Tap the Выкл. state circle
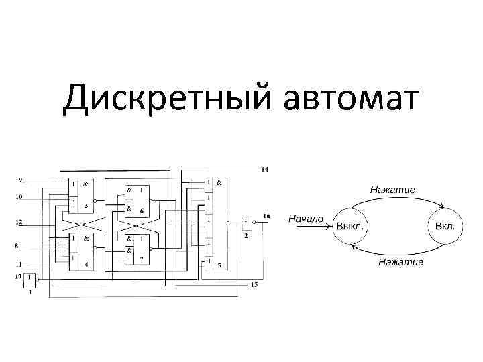[x=351, y=225]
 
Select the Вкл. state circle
[x=445, y=225]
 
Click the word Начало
[x=306, y=219]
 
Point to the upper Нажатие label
[x=392, y=190]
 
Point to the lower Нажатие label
[x=400, y=261]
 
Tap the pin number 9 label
[x=20, y=180]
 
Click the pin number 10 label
[x=19, y=197]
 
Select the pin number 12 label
[x=19, y=221]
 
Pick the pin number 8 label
[x=16, y=247]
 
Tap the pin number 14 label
[x=264, y=170]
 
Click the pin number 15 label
[x=254, y=285]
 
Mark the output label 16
[x=266, y=216]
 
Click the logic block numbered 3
[x=80, y=194]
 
